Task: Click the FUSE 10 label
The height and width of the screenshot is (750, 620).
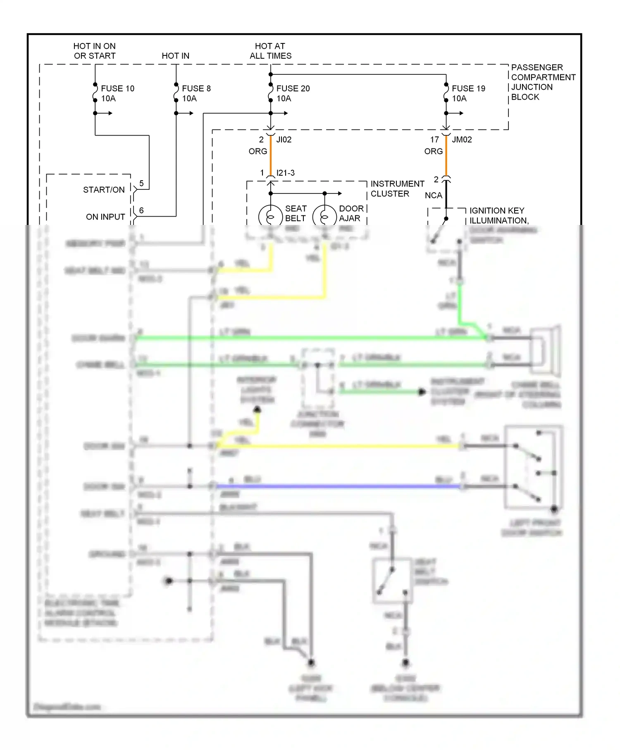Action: (117, 88)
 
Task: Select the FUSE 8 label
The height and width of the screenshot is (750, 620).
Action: (196, 88)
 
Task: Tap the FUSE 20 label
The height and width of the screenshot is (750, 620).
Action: (293, 88)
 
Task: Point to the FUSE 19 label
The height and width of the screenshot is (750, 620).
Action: (468, 88)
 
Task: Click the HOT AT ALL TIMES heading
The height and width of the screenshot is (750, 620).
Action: (270, 51)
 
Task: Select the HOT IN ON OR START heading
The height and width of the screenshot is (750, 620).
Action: (95, 51)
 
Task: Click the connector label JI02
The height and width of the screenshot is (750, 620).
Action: (284, 140)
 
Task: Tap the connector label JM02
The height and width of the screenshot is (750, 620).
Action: (462, 140)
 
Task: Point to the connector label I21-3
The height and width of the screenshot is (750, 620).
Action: (285, 173)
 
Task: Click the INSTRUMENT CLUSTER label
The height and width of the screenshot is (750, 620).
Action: (397, 189)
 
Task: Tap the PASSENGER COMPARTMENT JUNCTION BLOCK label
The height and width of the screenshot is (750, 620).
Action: (543, 82)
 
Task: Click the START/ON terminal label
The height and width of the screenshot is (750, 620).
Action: (104, 190)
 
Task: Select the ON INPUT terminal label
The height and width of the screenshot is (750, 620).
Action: (105, 217)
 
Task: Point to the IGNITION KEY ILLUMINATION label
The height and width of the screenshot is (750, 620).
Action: (498, 215)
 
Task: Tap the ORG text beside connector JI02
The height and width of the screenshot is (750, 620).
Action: (258, 151)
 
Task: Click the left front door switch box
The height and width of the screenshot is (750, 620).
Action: (533, 467)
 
